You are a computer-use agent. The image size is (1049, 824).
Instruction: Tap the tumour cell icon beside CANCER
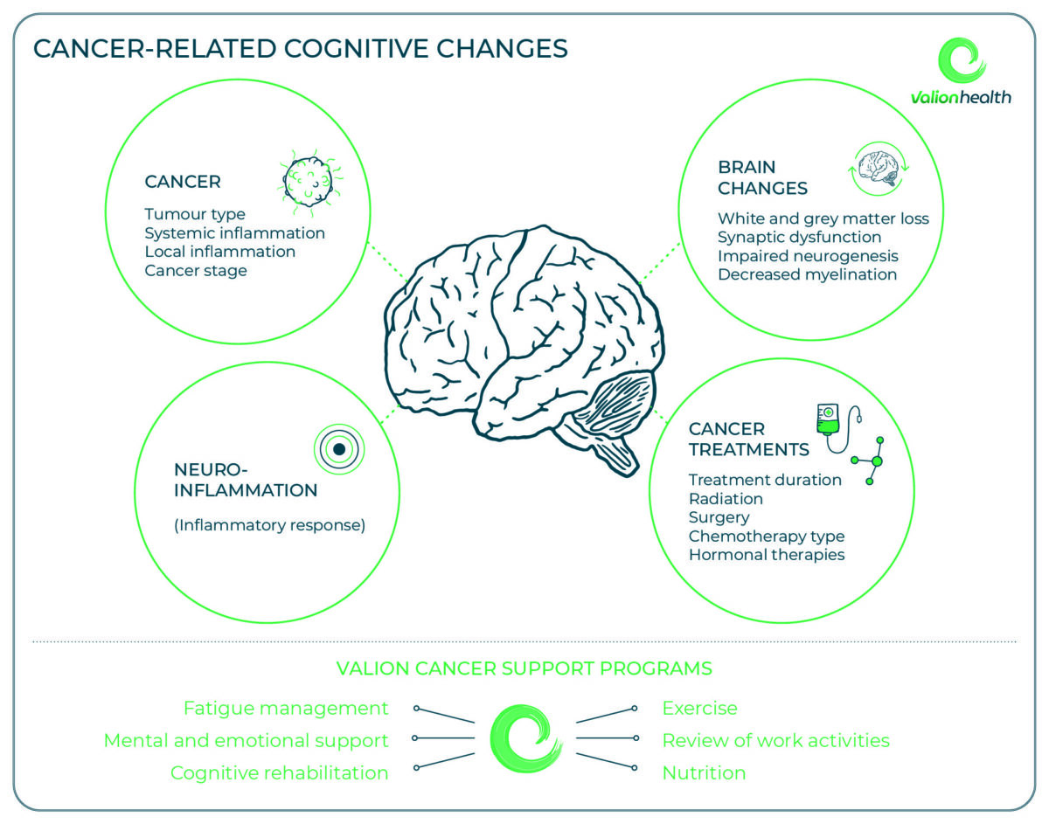305,182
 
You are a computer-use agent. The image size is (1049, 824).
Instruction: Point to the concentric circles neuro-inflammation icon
339,449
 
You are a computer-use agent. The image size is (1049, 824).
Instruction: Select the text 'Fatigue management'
286,708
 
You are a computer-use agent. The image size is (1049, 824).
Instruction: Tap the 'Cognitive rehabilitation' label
279,772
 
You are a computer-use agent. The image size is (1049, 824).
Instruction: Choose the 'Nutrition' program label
704,772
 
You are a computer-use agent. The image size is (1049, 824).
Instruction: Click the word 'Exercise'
699,708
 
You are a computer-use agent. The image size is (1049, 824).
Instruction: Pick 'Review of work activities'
775,741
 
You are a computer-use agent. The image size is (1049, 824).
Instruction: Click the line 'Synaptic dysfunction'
799,237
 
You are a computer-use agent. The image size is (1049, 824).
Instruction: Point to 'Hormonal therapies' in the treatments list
767,555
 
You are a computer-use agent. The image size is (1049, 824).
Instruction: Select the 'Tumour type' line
195,214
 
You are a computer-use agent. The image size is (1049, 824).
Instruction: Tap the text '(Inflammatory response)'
269,526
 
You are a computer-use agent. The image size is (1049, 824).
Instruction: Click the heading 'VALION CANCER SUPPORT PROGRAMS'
524,668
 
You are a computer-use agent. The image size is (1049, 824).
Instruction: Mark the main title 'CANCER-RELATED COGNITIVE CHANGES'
300,48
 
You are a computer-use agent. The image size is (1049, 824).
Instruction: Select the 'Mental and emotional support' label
246,741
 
